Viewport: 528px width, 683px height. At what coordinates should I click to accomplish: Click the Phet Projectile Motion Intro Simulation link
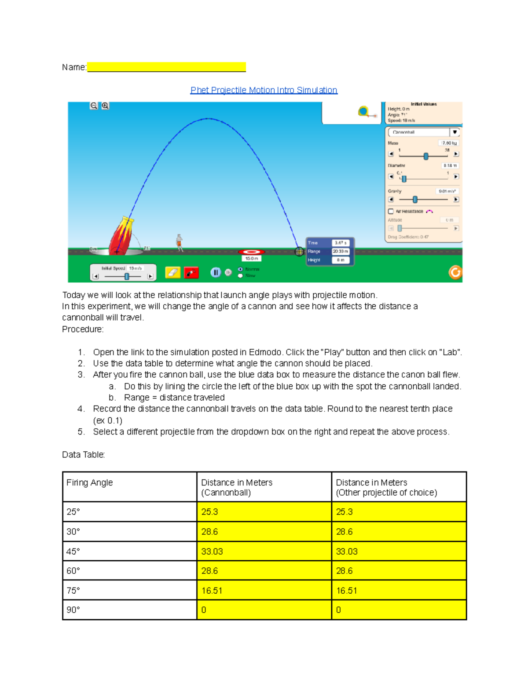coord(264,90)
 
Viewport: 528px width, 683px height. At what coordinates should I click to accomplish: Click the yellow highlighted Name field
coord(166,67)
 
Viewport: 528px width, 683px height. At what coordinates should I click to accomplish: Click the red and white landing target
coord(251,252)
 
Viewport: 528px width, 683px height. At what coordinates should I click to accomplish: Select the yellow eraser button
coord(172,273)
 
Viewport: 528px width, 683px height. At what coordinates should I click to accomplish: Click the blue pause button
coord(215,273)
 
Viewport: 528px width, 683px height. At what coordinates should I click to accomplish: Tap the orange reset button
coord(455,273)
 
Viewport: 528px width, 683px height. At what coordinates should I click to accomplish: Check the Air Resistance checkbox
coord(391,212)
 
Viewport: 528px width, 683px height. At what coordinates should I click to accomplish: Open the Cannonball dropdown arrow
coord(455,132)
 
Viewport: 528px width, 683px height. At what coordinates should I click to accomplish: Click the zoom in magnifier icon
coord(105,106)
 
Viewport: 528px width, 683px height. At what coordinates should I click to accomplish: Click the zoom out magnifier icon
coord(94,106)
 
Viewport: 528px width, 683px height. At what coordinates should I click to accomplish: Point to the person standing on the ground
coord(180,242)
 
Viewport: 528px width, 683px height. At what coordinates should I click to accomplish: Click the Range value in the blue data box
coord(340,251)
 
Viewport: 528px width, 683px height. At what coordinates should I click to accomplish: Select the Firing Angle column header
coord(90,482)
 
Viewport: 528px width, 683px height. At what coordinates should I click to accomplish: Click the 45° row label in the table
coord(73,552)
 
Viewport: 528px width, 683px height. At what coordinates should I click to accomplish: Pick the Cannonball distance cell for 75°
coord(264,591)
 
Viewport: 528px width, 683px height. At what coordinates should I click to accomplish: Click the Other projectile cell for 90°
coord(398,610)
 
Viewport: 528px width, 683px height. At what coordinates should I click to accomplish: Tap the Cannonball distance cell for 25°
coord(264,512)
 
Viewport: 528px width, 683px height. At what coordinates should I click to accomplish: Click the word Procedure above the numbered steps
coord(83,329)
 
